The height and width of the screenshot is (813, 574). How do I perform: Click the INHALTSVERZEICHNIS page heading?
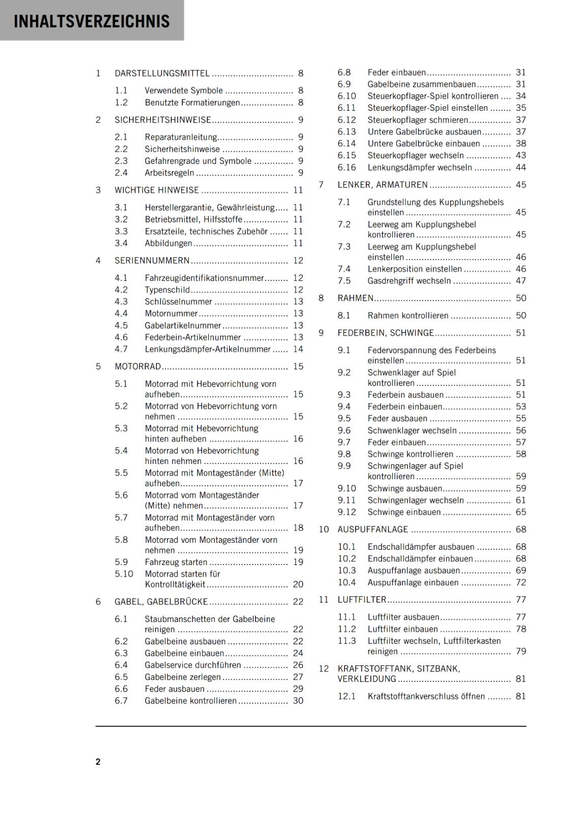tap(92, 21)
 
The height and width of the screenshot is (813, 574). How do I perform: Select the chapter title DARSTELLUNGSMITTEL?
tap(162, 73)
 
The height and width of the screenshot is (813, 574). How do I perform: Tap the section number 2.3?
tap(121, 161)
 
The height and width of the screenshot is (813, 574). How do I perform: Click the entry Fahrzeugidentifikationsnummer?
tap(204, 278)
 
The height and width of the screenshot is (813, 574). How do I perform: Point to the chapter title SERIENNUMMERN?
tap(152, 261)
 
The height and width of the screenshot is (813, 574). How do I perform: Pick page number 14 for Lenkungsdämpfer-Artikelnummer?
tap(298, 349)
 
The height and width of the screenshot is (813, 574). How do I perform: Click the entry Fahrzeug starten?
tap(176, 562)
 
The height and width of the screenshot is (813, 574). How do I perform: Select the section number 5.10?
tap(123, 574)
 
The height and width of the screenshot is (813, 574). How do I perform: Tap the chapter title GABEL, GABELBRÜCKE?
tap(161, 602)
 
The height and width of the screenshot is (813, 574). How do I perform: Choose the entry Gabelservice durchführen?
tap(193, 665)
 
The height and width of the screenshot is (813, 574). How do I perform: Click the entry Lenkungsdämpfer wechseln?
tap(420, 167)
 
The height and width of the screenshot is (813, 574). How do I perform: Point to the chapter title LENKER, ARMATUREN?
tap(382, 185)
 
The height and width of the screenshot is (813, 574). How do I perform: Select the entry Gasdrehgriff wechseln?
tap(409, 280)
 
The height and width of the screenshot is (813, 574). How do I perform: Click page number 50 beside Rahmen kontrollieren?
tap(521, 316)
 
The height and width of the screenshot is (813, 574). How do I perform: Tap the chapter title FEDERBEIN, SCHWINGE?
tap(386, 333)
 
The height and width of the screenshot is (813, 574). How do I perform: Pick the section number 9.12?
tap(346, 512)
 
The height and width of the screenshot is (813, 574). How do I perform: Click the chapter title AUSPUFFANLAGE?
tap(373, 529)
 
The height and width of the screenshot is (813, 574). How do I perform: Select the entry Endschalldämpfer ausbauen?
tap(421, 547)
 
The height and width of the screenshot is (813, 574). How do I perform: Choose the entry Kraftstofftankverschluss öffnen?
tap(426, 696)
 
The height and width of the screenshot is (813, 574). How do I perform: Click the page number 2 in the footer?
tap(98, 762)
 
